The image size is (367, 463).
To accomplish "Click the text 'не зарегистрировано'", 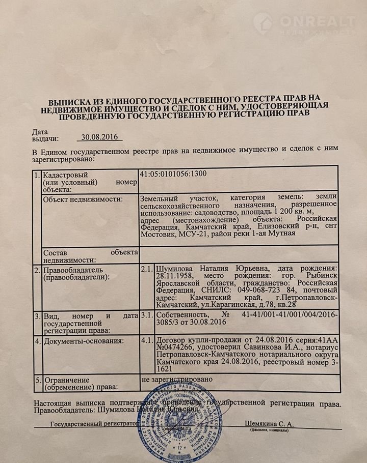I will point(175,380).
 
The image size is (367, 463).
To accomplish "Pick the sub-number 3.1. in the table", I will point(147,315).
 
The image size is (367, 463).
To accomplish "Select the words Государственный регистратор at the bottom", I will point(94,424).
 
